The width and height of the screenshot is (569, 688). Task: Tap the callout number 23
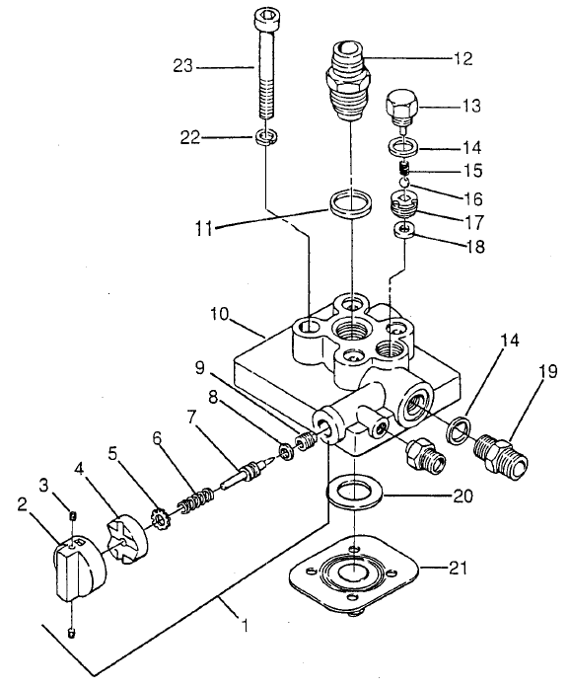pos(184,66)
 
